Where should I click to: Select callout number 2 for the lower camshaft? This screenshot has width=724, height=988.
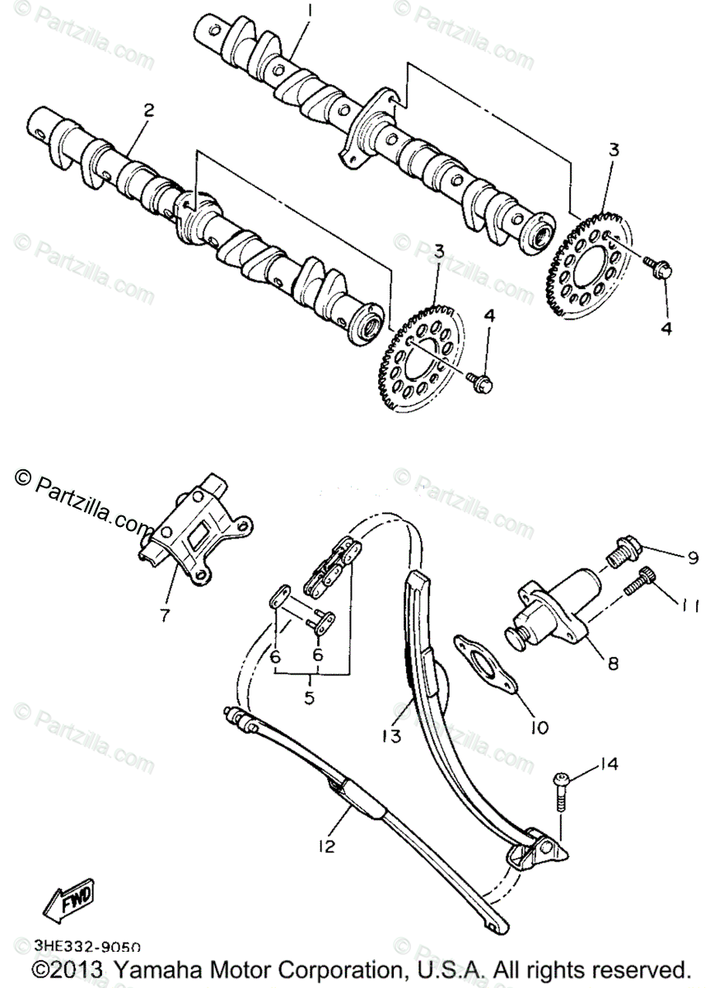tap(148, 110)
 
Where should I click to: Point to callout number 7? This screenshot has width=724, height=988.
tap(165, 614)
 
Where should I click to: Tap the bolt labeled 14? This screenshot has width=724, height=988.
tap(560, 792)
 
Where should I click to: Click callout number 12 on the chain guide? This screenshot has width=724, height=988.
tap(327, 846)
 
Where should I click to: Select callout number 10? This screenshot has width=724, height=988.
tap(540, 727)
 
